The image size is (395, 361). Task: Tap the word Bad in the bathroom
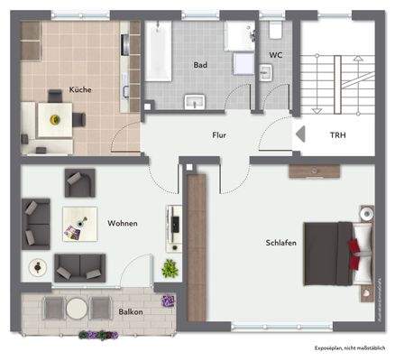click(201, 65)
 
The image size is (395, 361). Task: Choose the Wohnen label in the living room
click(122, 223)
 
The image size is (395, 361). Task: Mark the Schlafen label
click(281, 243)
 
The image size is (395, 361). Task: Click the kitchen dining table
click(56, 118)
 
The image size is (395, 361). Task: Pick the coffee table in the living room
click(79, 223)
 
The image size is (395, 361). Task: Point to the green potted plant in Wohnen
click(169, 269)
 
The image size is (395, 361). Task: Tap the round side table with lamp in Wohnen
click(37, 267)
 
